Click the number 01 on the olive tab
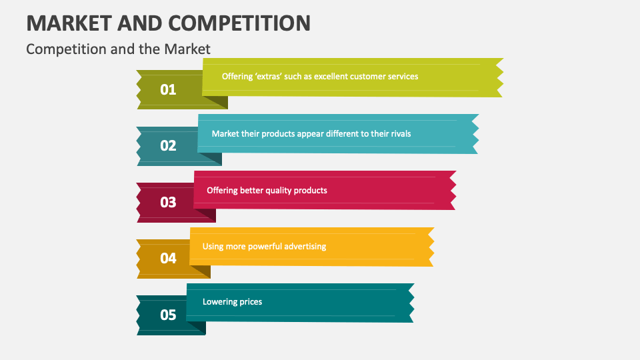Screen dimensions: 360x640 tap(168, 89)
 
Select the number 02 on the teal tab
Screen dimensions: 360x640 tap(168, 145)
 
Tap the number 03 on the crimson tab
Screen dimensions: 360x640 tap(168, 202)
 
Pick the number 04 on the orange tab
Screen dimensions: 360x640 tap(168, 258)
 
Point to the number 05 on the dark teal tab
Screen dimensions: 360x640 tap(168, 315)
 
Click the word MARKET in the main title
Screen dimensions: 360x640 tap(68, 23)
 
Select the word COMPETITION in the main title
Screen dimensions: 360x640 tap(239, 23)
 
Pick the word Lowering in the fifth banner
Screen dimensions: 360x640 tap(219, 302)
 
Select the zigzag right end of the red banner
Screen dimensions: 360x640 tap(451, 191)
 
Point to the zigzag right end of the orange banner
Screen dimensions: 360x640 tap(430, 247)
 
